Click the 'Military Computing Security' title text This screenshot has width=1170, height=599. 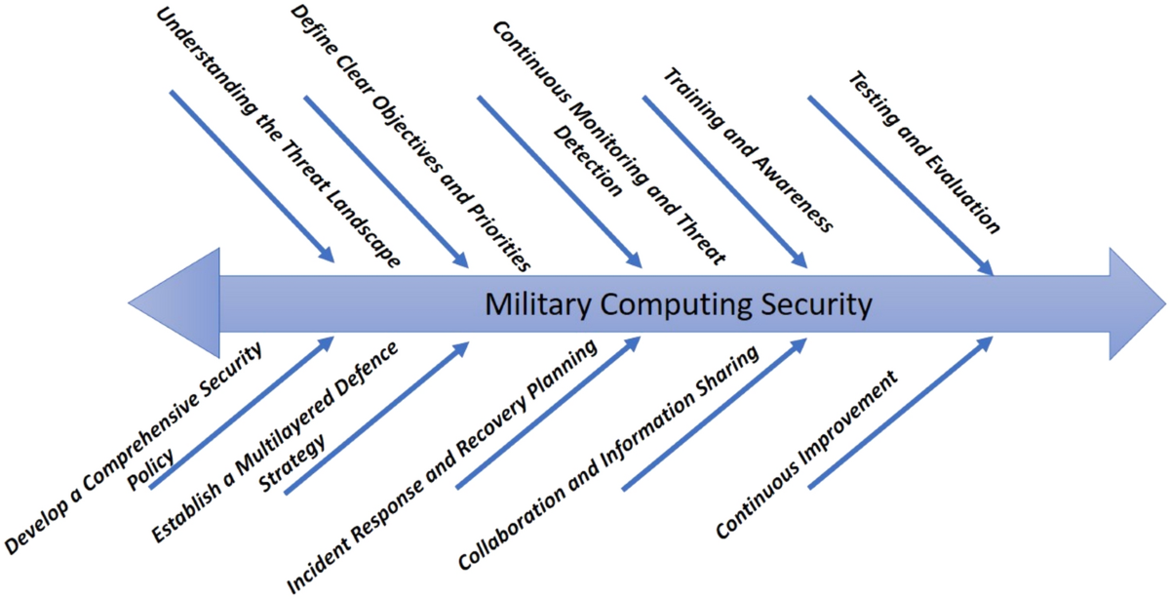pos(678,304)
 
